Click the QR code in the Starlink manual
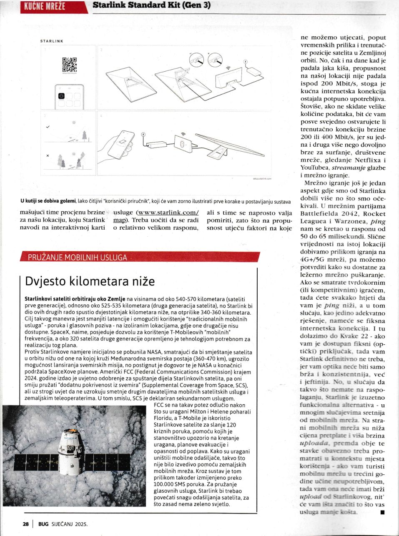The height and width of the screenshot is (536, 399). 69,65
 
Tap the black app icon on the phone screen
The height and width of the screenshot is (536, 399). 61,97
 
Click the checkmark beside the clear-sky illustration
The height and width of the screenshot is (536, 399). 48,126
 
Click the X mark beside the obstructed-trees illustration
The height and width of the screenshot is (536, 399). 48,155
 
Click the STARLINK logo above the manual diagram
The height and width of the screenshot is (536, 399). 52,41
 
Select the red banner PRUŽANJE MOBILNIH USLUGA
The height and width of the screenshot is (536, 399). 77,257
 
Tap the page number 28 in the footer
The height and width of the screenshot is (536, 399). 25,523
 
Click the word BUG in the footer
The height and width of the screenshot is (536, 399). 43,523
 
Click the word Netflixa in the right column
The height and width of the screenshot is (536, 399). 370,160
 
